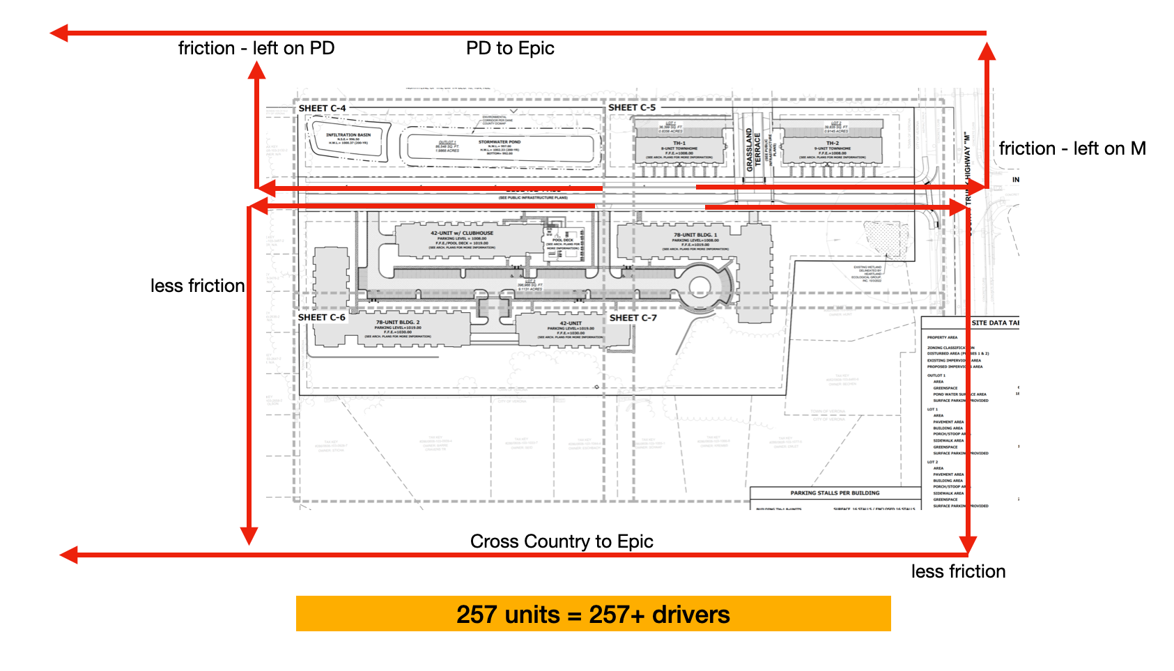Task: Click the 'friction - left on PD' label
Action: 256,48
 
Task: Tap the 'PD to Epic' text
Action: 510,48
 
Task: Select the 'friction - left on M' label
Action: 1072,148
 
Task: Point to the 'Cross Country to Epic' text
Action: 562,541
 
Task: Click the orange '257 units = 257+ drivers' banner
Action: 593,614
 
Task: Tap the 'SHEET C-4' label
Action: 322,108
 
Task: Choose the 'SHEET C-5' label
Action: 632,107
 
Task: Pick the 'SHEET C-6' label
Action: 321,317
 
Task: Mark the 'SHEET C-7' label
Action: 633,318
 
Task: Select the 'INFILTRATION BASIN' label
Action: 348,135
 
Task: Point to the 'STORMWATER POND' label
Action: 500,141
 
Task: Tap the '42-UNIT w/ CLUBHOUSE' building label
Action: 461,233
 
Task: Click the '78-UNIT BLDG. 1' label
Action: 695,235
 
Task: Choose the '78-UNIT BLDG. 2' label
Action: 398,323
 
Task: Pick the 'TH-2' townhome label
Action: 833,143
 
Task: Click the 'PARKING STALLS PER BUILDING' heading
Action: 835,493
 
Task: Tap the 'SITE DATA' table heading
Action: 994,323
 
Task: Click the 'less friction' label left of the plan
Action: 197,286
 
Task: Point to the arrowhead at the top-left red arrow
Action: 59,33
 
